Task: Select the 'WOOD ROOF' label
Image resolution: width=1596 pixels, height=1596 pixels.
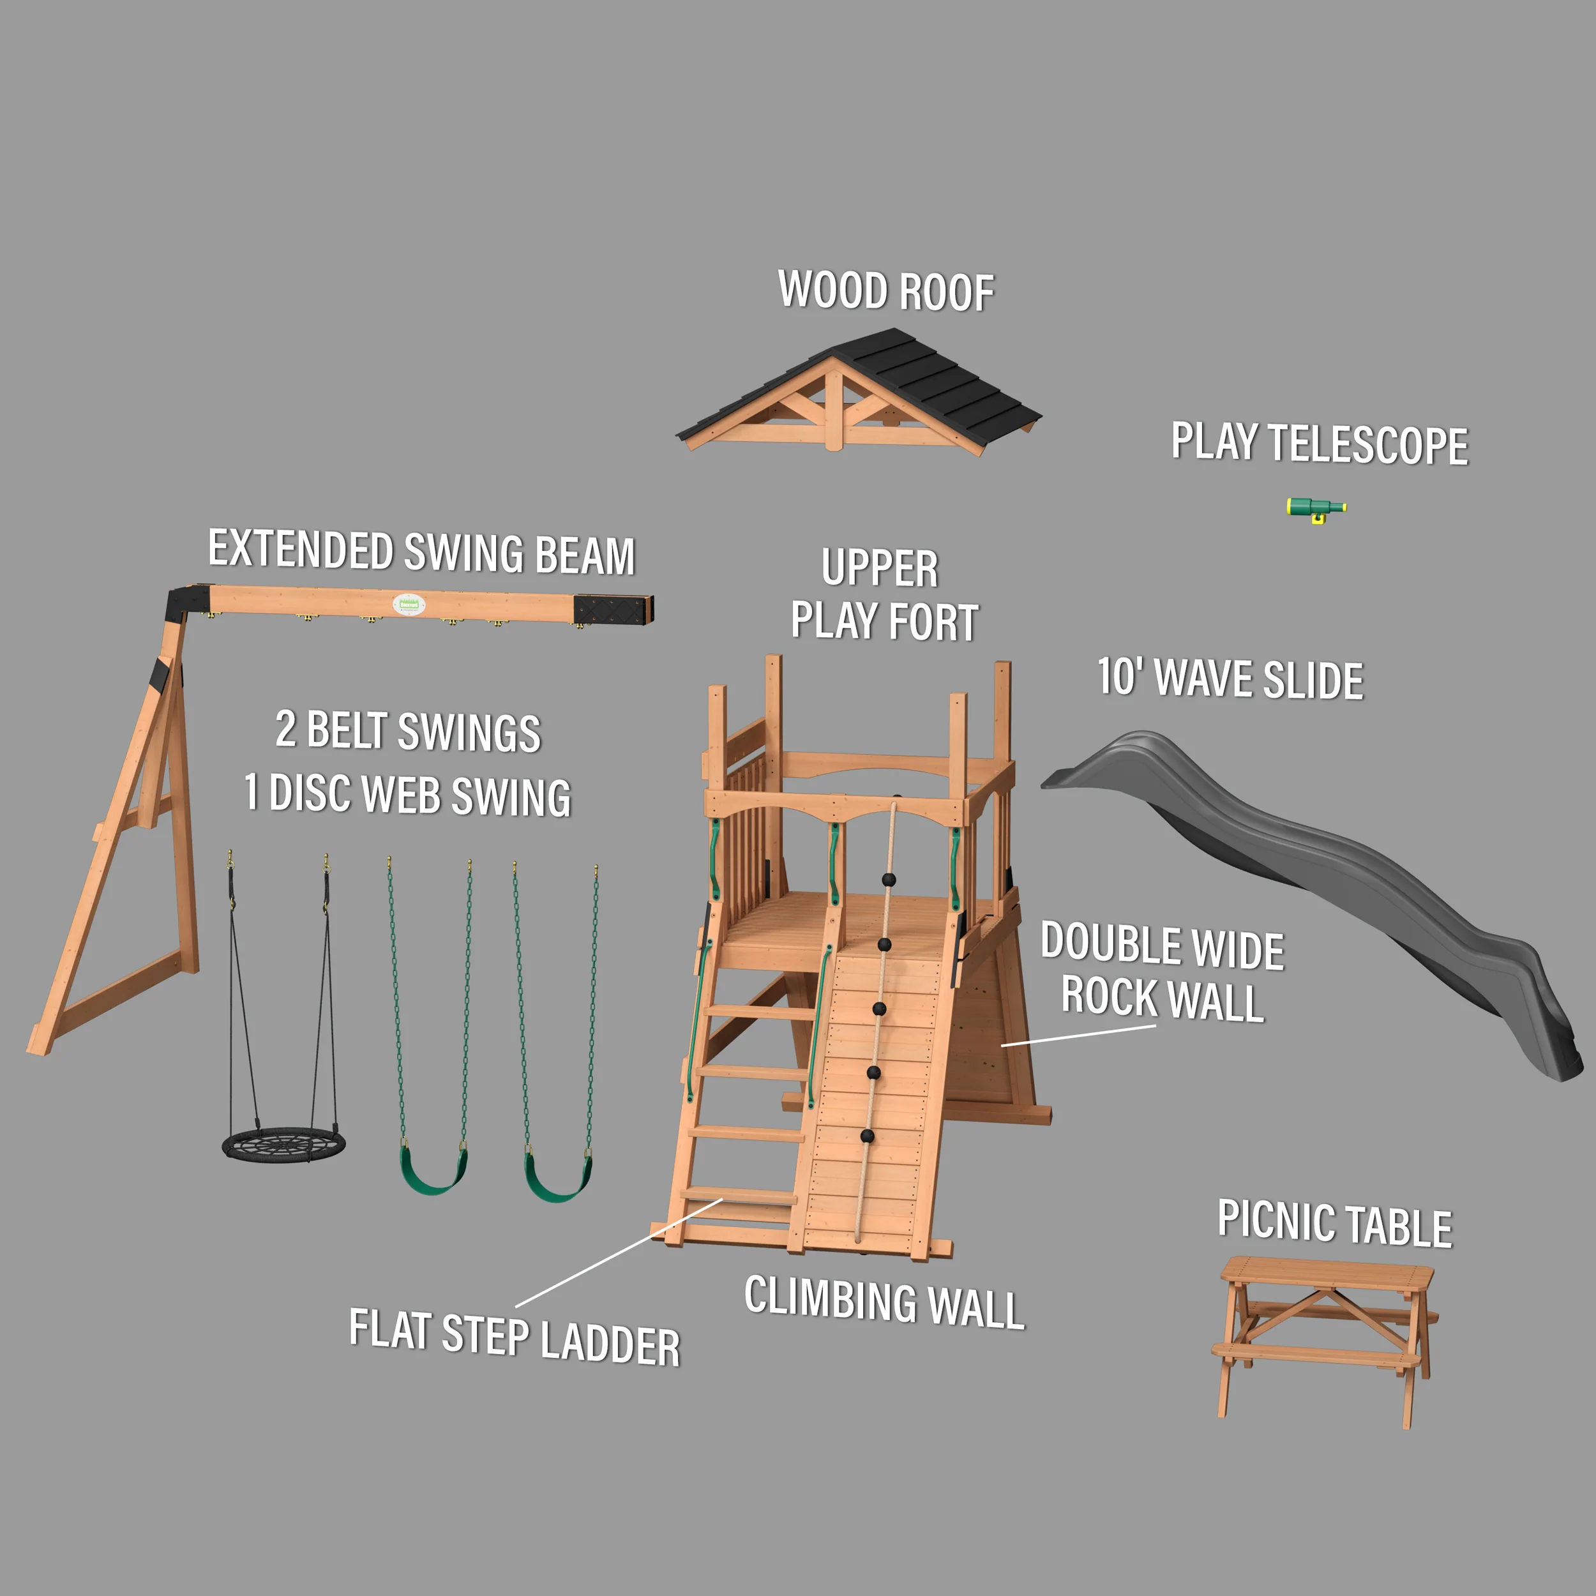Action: [886, 290]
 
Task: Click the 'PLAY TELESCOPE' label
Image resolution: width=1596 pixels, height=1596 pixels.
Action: [1320, 444]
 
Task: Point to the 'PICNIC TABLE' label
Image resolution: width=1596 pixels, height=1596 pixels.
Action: [1334, 1223]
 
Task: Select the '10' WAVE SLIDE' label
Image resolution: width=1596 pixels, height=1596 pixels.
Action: [1230, 679]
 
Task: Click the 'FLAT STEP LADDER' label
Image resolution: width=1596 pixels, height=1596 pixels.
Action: [514, 1337]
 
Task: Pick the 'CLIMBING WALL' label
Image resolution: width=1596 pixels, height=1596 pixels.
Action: [884, 1302]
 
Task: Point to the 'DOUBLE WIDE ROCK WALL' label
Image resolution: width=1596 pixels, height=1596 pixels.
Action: [1163, 972]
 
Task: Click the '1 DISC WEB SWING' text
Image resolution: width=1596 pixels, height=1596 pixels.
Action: [407, 794]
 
